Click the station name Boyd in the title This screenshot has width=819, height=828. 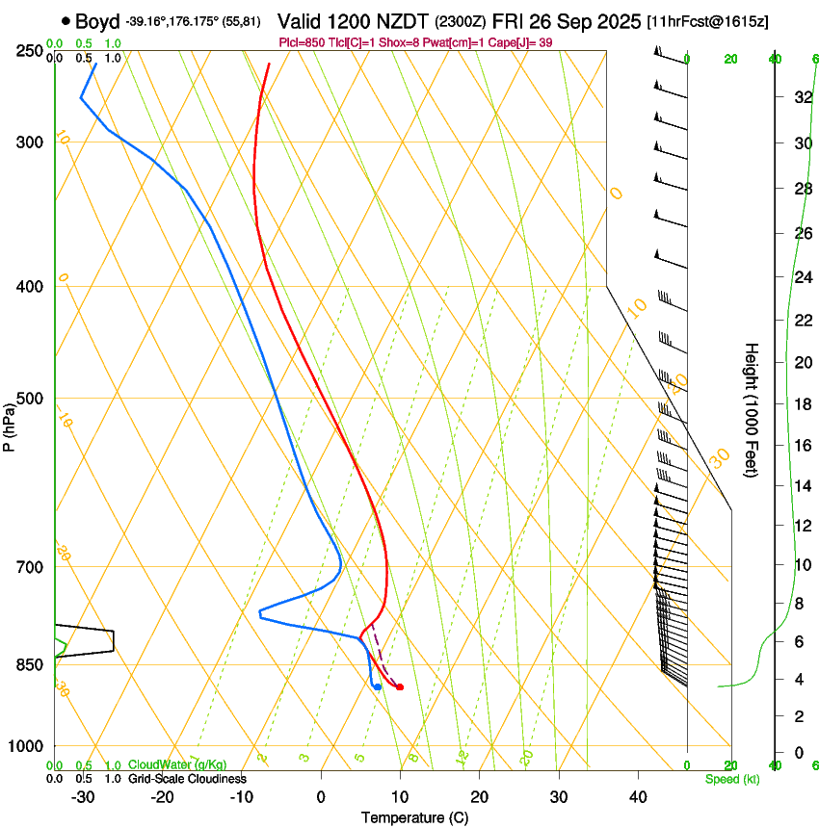(96, 20)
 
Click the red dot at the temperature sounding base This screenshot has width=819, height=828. (400, 686)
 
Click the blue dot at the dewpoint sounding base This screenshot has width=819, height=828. (378, 686)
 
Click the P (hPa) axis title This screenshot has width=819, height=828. (10, 424)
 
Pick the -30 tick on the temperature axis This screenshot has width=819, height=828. (83, 797)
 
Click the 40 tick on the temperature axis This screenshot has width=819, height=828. (638, 797)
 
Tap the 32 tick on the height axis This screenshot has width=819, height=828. (802, 97)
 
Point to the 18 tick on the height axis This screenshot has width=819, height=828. (802, 403)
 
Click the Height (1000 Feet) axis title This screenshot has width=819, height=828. (752, 409)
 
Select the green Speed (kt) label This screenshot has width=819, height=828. (731, 779)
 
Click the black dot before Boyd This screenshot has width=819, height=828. (65, 20)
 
